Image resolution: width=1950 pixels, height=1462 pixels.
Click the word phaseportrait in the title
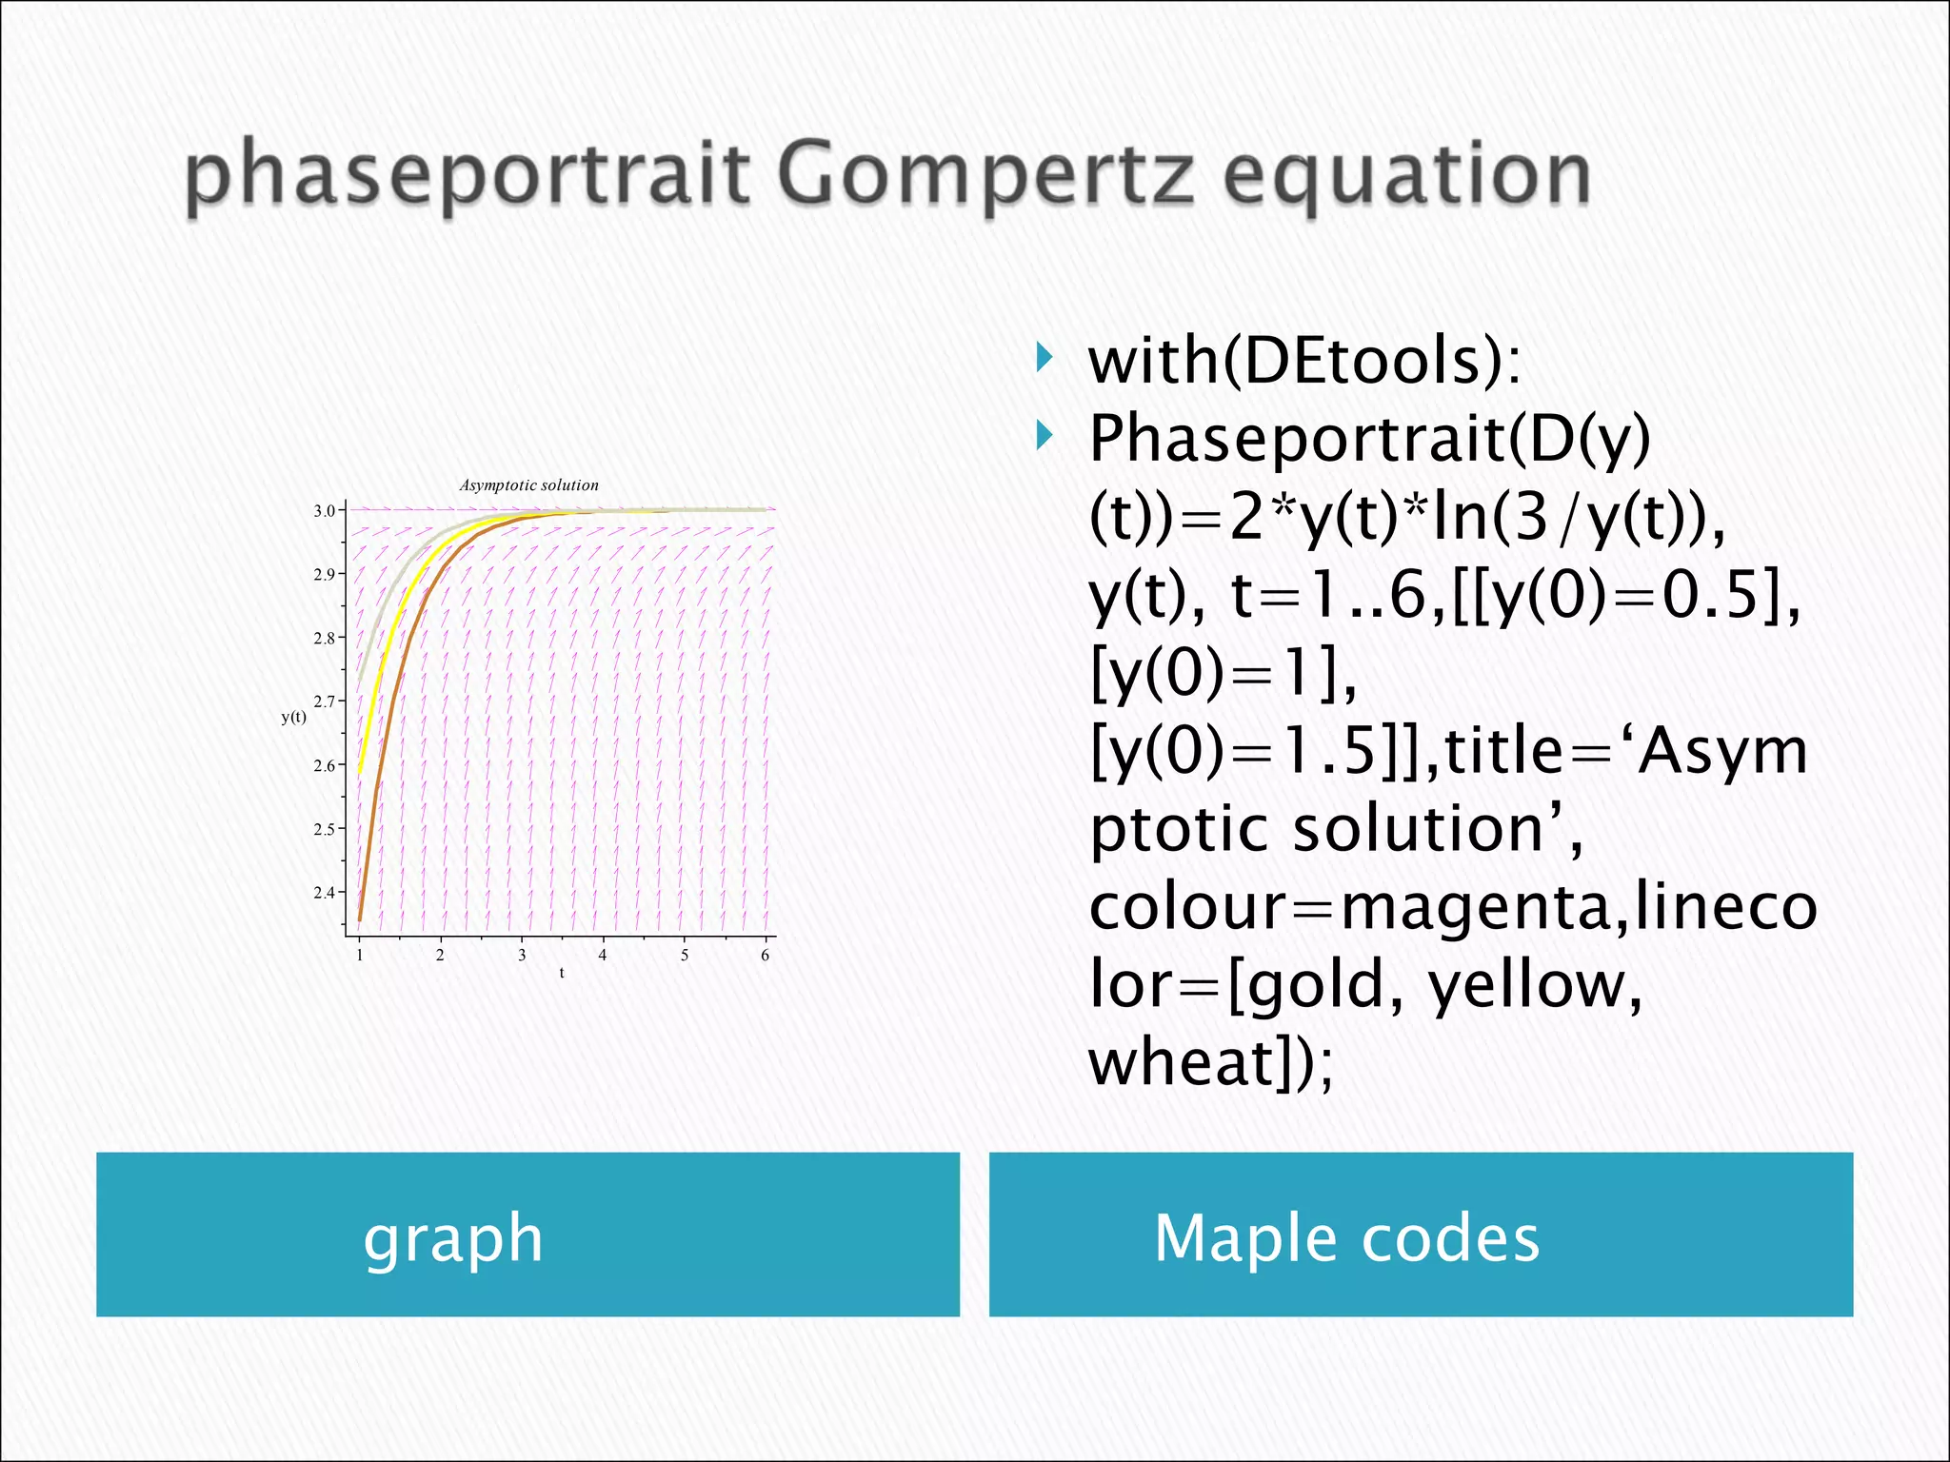coord(467,177)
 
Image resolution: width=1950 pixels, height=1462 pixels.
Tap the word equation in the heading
coord(1406,177)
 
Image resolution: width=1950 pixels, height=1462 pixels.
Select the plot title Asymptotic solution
coord(529,485)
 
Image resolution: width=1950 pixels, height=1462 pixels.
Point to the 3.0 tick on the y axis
coord(325,511)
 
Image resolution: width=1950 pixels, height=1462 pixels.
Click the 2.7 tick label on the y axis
coord(325,701)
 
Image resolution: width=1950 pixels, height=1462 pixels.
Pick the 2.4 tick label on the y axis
coord(325,893)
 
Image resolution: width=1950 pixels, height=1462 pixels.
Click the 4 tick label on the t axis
coord(603,955)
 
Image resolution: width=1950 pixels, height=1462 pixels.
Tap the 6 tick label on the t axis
coord(765,955)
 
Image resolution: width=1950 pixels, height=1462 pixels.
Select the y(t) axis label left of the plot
coord(294,717)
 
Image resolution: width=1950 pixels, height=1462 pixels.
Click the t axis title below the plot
coord(562,973)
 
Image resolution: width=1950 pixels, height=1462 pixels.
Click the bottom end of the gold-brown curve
coord(360,918)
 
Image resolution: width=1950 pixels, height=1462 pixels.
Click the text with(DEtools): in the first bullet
coord(1304,362)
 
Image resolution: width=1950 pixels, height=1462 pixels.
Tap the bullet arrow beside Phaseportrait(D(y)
coord(1045,437)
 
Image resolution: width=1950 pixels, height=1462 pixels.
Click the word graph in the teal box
coord(453,1238)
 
